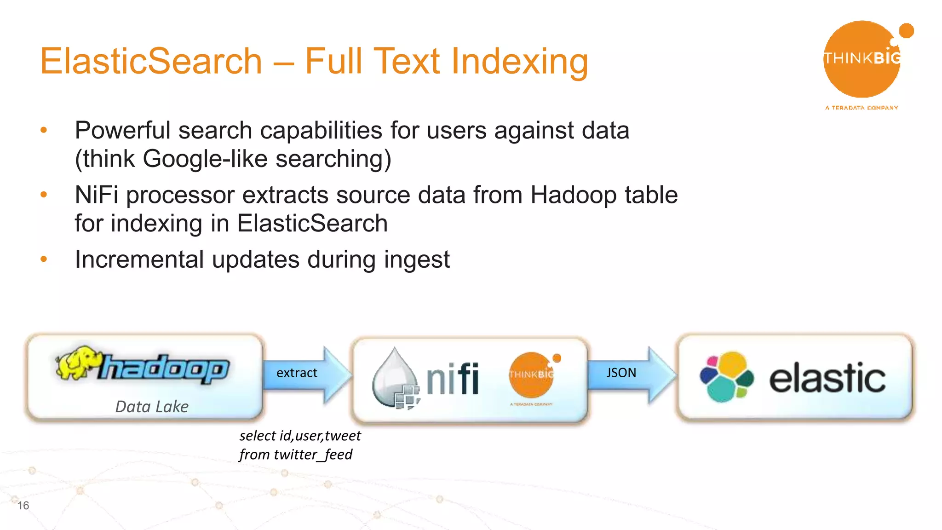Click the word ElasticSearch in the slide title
(151, 61)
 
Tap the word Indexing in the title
(519, 62)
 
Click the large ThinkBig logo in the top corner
(862, 60)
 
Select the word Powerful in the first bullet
(122, 131)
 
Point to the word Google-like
(205, 159)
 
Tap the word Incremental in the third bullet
(139, 259)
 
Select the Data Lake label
(152, 407)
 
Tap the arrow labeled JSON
(630, 374)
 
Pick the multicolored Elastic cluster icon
(726, 376)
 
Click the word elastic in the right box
(827, 378)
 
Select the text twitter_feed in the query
(313, 455)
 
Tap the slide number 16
(23, 506)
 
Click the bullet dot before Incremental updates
(44, 259)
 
